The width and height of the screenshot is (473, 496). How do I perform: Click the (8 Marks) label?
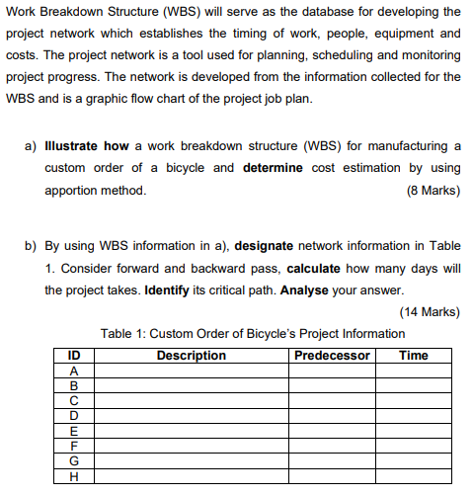(x=433, y=190)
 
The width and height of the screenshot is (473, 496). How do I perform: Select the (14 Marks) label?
(x=430, y=312)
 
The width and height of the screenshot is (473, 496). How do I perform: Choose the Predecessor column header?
(x=332, y=356)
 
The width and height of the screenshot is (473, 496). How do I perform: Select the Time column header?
(x=413, y=356)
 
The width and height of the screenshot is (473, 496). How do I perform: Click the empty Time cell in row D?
(x=413, y=416)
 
